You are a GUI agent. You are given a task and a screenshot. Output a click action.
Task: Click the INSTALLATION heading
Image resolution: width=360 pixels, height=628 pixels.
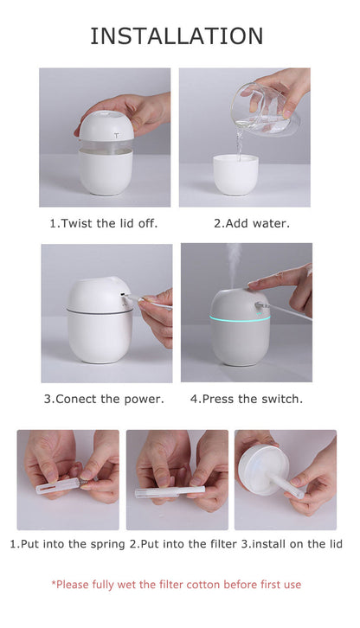[x=177, y=35]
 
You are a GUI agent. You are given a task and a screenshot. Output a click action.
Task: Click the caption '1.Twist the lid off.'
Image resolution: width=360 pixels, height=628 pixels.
[x=104, y=223]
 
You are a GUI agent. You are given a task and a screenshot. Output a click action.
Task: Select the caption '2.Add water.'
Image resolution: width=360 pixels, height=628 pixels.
[x=252, y=223]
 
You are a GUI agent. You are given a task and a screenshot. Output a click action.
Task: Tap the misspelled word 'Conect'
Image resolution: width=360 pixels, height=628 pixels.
[x=80, y=399]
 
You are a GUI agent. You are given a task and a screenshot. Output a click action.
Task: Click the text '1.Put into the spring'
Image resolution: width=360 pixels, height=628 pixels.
[x=67, y=544]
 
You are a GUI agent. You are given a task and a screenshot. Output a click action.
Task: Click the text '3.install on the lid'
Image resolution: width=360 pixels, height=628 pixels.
[x=292, y=544]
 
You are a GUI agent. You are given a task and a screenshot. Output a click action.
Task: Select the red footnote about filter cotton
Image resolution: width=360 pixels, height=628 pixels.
[x=177, y=585]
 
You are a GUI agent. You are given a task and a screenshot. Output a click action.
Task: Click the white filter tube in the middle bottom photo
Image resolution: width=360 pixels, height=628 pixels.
[x=170, y=491]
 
